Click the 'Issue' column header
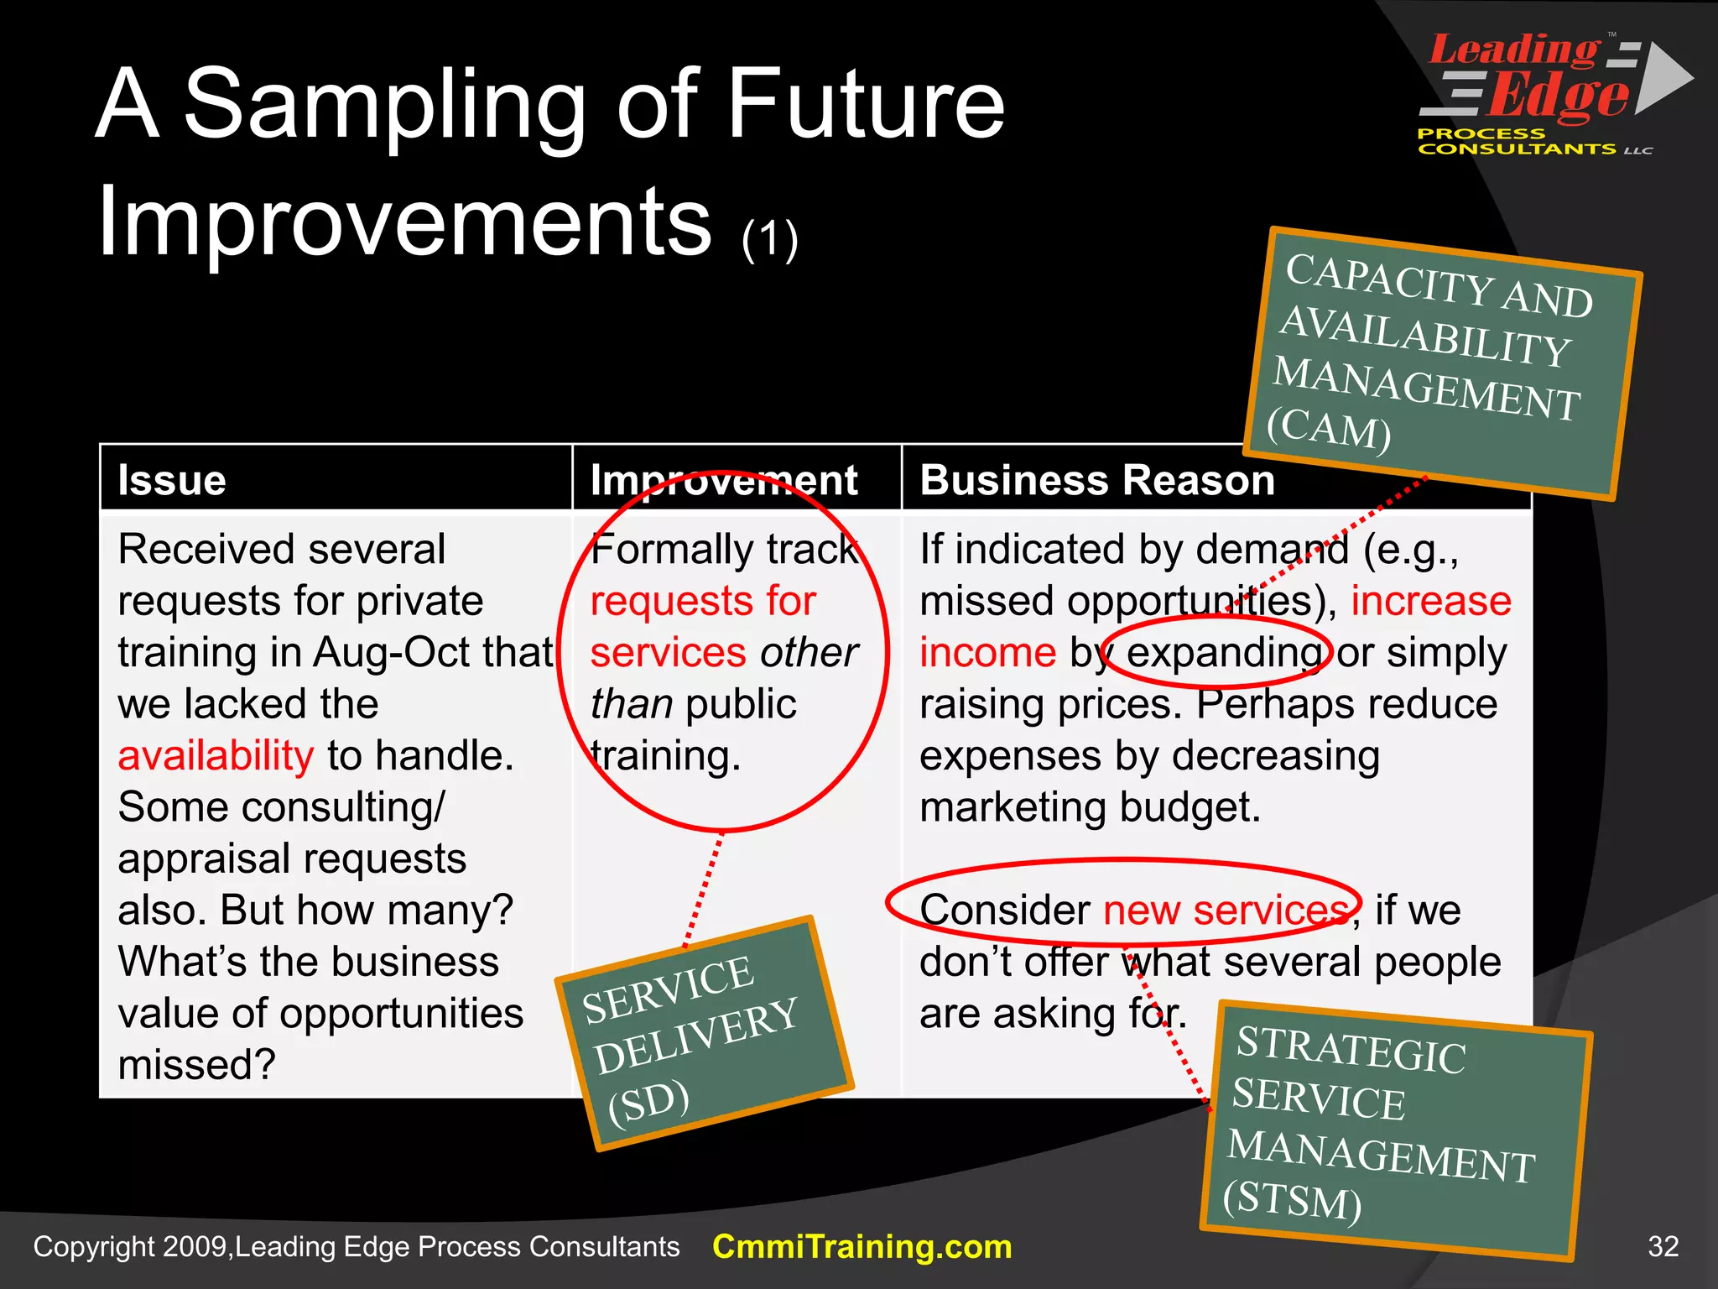point(172,481)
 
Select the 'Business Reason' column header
point(1097,481)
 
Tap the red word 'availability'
point(216,756)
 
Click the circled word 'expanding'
point(1224,653)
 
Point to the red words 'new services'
point(1226,911)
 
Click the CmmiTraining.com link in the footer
point(862,1247)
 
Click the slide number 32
point(1663,1247)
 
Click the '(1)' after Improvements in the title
point(769,240)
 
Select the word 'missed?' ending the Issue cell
point(196,1065)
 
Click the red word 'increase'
point(1430,602)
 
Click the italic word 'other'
point(809,653)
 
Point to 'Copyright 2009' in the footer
point(130,1247)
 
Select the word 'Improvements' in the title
point(404,222)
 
